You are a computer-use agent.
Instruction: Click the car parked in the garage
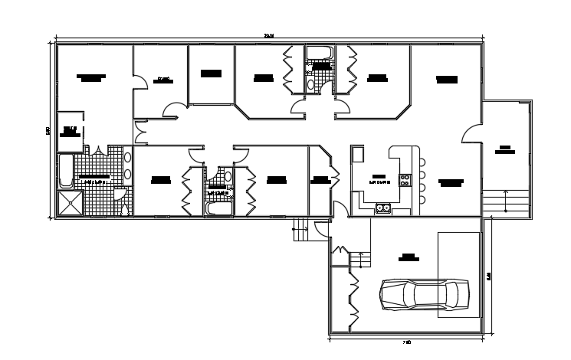(x=425, y=293)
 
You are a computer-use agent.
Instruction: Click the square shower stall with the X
(x=70, y=204)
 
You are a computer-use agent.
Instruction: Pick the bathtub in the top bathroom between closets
(x=319, y=52)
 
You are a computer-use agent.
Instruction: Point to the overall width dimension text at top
(x=268, y=34)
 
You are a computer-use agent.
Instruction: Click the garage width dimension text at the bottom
(x=408, y=342)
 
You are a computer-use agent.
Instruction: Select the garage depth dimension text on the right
(x=488, y=276)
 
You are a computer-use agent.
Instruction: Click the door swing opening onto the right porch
(x=471, y=132)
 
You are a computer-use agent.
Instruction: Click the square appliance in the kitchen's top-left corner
(x=357, y=154)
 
